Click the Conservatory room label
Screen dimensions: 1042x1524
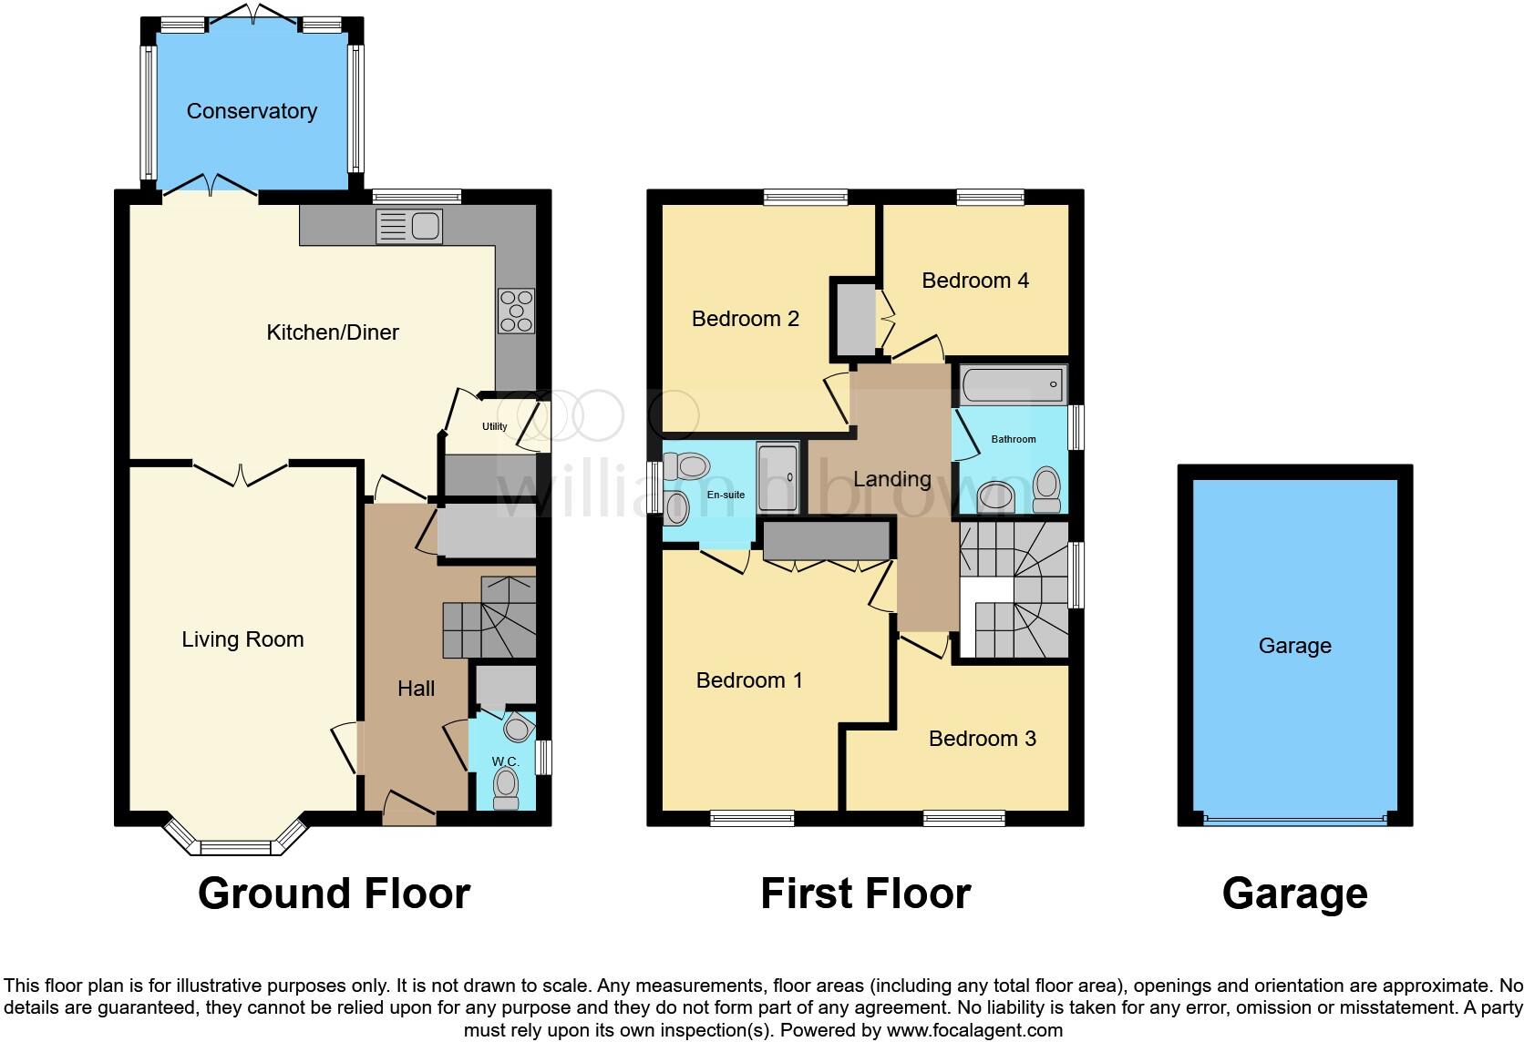pyautogui.click(x=252, y=111)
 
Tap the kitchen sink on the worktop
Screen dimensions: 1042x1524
pyautogui.click(x=409, y=226)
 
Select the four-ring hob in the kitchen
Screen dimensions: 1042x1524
pyautogui.click(x=516, y=311)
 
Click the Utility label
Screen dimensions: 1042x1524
pyautogui.click(x=494, y=426)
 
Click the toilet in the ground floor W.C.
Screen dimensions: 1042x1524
pyautogui.click(x=505, y=787)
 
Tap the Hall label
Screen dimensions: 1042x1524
pyautogui.click(x=416, y=689)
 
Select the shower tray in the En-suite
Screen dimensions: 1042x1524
pyautogui.click(x=777, y=477)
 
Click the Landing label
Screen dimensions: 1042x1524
pyautogui.click(x=891, y=479)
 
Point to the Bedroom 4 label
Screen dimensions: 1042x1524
pyautogui.click(x=974, y=281)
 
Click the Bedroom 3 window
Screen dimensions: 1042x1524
pyautogui.click(x=964, y=819)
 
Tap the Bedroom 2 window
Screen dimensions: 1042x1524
pyautogui.click(x=806, y=196)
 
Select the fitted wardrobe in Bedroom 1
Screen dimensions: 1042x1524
pyautogui.click(x=826, y=541)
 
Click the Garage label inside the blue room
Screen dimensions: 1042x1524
pyautogui.click(x=1294, y=646)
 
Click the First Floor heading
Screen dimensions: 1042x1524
pyautogui.click(x=865, y=894)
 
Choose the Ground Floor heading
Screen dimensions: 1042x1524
pyautogui.click(x=334, y=894)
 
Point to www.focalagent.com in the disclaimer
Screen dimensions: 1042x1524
pyautogui.click(x=973, y=1031)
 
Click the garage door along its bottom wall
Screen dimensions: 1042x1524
pyautogui.click(x=1294, y=819)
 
